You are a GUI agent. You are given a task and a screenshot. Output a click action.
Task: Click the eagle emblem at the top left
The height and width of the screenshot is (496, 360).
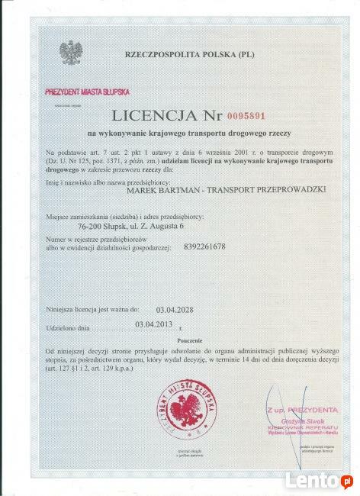[x=71, y=52]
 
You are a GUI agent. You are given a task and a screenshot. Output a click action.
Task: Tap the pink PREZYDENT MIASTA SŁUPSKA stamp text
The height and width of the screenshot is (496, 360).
[x=88, y=92]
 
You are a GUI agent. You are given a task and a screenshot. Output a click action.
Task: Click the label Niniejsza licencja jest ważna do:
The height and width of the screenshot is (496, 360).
[x=92, y=310]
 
